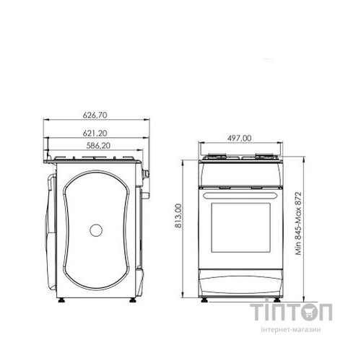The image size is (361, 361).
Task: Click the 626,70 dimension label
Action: [x=95, y=116]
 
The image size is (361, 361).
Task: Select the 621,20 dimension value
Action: [x=95, y=134]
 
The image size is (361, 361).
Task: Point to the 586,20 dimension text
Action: [x=98, y=146]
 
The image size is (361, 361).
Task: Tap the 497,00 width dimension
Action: [x=239, y=138]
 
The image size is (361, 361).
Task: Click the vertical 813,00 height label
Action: [x=178, y=216]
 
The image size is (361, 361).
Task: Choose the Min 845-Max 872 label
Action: [x=298, y=223]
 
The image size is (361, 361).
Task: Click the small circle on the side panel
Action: [x=96, y=230]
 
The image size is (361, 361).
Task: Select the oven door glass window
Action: [x=240, y=227]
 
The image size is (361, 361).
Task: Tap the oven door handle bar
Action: [x=240, y=196]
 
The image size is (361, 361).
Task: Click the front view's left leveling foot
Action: [x=204, y=300]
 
